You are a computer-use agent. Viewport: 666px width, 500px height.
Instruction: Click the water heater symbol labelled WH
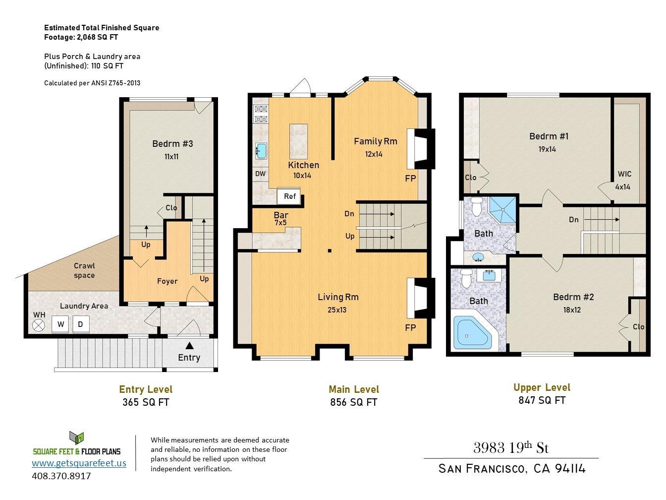(39, 325)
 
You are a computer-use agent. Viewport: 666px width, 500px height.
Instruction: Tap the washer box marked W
(60, 324)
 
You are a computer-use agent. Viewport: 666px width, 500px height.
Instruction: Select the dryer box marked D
(81, 324)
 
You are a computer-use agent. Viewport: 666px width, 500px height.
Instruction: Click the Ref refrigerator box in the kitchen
(289, 196)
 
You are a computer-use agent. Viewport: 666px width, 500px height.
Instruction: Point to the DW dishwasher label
(260, 174)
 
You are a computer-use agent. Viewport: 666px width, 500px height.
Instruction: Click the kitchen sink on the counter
(261, 151)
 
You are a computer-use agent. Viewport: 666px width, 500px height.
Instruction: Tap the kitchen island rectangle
(299, 141)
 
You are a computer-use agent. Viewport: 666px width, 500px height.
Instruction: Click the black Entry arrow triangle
(189, 346)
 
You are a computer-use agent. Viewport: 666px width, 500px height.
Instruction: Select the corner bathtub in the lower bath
(472, 332)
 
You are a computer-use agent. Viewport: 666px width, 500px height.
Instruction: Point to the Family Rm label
(375, 141)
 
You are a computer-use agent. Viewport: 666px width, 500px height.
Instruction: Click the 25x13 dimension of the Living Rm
(337, 310)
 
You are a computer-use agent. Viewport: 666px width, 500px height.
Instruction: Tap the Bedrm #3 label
(172, 143)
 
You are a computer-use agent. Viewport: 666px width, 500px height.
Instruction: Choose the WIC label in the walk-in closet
(624, 174)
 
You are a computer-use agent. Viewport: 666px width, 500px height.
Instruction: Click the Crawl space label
(84, 270)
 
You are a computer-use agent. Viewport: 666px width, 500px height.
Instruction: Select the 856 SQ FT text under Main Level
(354, 402)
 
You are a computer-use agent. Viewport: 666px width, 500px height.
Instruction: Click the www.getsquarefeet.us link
(79, 463)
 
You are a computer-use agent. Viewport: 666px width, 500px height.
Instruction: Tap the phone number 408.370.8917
(61, 476)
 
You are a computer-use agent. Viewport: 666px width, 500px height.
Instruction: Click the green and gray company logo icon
(76, 438)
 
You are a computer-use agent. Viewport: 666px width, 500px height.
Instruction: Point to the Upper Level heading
(542, 387)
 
